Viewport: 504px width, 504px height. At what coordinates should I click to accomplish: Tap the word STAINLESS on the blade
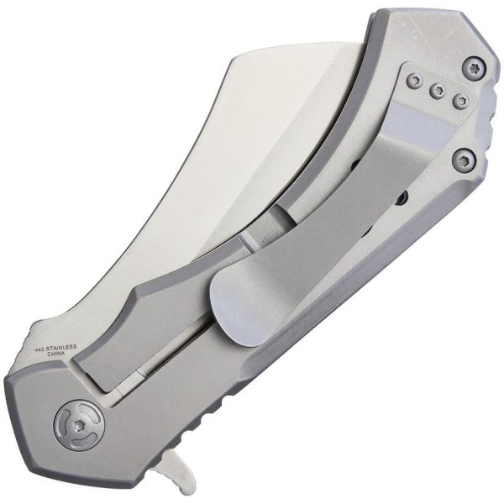click(x=63, y=346)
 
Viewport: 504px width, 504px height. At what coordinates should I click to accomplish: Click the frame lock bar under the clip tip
click(x=151, y=353)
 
